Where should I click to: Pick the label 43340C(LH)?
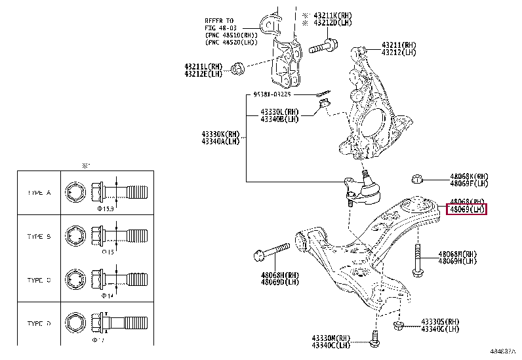(x=331, y=345)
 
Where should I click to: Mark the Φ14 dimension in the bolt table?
(x=106, y=296)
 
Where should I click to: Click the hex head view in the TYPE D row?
(x=74, y=323)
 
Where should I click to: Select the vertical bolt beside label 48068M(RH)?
(x=416, y=259)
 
